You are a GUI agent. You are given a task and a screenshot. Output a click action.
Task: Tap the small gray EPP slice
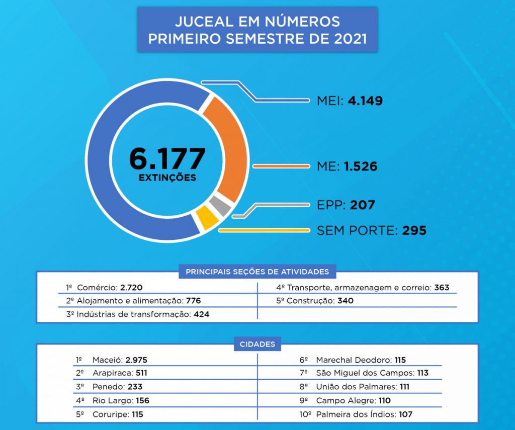[220, 205]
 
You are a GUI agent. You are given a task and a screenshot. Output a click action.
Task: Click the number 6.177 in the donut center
[167, 158]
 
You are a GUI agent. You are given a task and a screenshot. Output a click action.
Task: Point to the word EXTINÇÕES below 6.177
[167, 178]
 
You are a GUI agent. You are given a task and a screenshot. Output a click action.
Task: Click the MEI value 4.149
[365, 101]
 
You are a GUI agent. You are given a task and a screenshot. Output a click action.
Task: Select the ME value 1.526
[361, 166]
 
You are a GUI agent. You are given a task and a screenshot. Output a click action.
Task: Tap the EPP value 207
[363, 205]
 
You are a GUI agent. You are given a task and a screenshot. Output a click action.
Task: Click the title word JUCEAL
[200, 22]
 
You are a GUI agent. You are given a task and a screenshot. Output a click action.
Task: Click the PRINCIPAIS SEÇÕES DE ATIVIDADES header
[257, 272]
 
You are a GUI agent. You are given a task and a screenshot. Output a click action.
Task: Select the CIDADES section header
[257, 345]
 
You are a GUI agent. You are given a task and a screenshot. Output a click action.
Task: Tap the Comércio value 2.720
[131, 288]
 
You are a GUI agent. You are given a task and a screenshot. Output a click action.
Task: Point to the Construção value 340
[346, 301]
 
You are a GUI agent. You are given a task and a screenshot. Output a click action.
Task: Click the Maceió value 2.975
[136, 360]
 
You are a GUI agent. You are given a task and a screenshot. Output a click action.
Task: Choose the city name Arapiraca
[112, 373]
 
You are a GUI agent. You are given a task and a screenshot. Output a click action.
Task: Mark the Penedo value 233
[135, 387]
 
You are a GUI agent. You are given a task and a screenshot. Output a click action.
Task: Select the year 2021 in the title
[350, 38]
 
